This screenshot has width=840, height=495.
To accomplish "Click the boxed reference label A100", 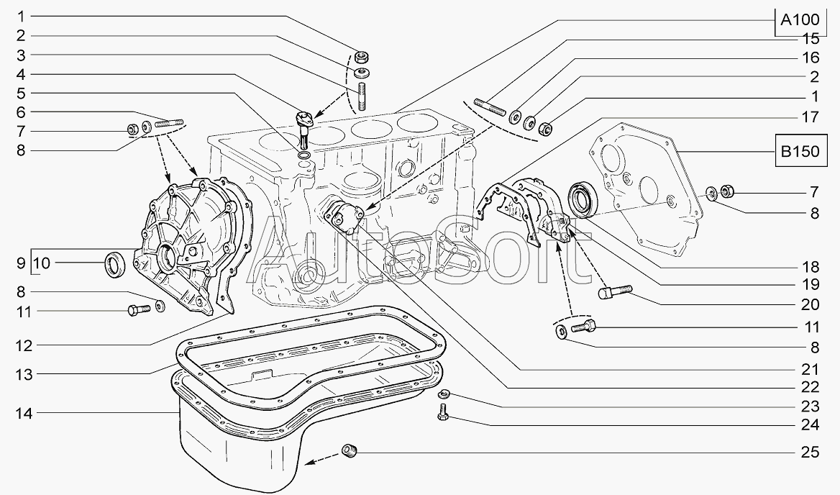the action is pos(800,20).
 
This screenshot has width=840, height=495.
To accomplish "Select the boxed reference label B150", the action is pos(800,152).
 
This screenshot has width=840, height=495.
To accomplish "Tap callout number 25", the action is pos(811,453).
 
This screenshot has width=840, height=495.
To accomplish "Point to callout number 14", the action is pos(24,413).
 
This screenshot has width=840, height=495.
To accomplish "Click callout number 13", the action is pos(24,374).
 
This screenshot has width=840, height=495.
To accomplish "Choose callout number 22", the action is pos(811,386).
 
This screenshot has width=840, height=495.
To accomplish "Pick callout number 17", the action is pos(811,117).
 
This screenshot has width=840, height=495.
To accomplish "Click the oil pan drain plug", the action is pos(350,450).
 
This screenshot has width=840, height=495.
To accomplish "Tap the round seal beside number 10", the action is pos(114,264).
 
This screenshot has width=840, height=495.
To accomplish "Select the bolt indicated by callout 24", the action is pos(442,412).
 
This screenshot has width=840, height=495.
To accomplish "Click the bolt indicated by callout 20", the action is pos(614,292).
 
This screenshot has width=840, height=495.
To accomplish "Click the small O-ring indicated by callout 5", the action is pos(303,156).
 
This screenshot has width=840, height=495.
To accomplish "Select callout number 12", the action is pos(24,345).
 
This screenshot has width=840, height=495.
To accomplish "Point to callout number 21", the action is pos(811,369).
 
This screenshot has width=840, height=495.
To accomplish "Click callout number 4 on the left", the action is pos(20,74).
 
